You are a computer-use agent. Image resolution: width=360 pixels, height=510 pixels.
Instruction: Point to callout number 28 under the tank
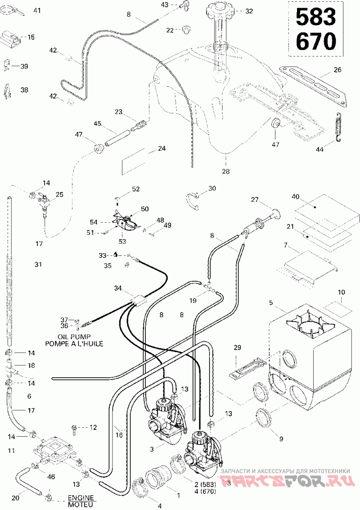[x=225, y=171]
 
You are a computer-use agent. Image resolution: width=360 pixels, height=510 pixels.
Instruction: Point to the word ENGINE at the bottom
[x=81, y=498]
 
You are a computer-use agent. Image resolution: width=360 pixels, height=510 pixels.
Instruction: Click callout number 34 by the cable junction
[x=118, y=288]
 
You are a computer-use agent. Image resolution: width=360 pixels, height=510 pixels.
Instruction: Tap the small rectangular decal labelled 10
[x=338, y=306]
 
